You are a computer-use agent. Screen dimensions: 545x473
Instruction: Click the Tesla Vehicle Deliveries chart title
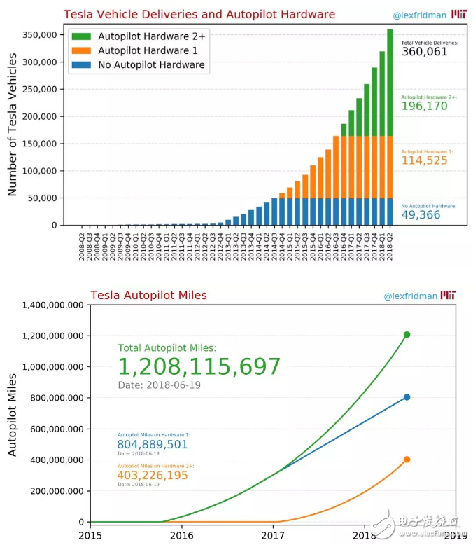coord(199,15)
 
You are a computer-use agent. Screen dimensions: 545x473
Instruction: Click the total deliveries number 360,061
coord(425,52)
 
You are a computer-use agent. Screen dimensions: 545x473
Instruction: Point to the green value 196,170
coord(425,106)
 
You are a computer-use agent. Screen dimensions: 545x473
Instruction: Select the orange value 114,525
coord(425,160)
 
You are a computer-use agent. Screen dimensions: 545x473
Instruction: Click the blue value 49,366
coord(421,215)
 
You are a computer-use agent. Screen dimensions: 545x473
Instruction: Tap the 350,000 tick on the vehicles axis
coord(38,35)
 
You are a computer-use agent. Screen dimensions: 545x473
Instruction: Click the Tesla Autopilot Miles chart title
coord(148,296)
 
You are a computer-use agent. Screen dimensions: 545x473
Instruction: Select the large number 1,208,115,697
coord(199,366)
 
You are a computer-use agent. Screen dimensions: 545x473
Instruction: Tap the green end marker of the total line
coord(407,335)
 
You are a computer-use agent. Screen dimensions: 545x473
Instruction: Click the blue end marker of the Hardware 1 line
coord(407,397)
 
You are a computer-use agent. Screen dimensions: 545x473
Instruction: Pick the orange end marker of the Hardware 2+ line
coord(407,460)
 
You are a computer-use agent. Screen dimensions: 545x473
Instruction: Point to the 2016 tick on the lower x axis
coord(182,536)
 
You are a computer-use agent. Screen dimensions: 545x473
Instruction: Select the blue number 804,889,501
coord(153,444)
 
